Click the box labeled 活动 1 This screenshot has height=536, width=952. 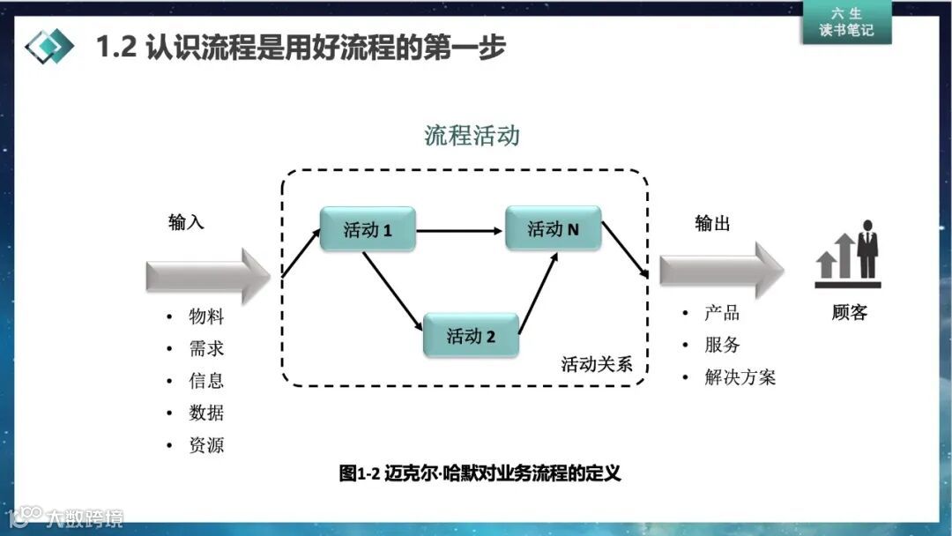[367, 229]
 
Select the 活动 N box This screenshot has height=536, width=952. [553, 229]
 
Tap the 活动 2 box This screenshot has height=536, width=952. [471, 335]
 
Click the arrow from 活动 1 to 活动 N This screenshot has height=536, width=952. [459, 231]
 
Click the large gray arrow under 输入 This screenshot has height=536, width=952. [207, 276]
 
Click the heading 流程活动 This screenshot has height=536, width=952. [472, 135]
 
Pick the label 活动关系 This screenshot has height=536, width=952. [597, 364]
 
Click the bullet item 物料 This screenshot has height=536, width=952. [206, 316]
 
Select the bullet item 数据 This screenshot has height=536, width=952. [206, 413]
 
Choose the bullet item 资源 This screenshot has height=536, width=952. [206, 445]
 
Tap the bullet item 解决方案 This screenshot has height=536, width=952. [740, 377]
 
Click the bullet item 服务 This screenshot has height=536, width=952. [722, 345]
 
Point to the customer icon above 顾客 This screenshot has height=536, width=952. [848, 254]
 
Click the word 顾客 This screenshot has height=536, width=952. [849, 313]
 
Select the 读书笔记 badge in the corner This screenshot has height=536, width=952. [846, 22]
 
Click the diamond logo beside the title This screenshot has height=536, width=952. [49, 47]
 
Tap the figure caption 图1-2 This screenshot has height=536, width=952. [480, 473]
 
